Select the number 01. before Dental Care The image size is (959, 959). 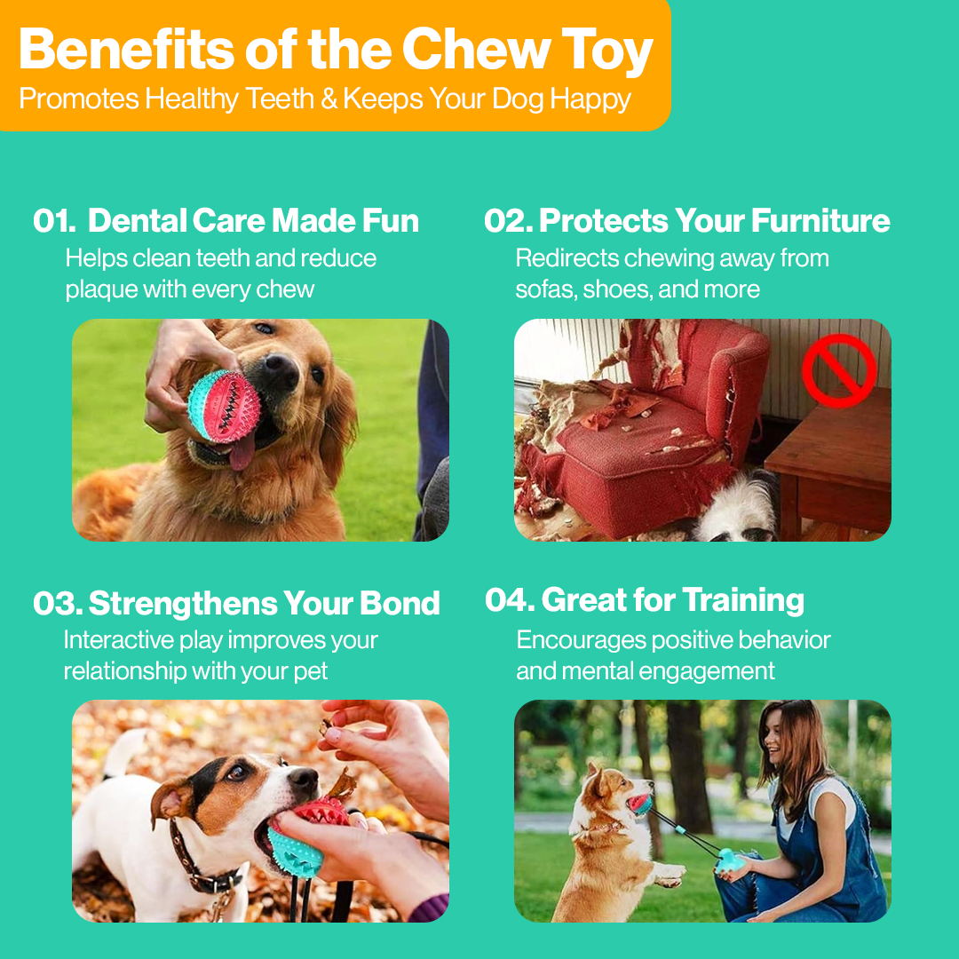click(x=55, y=221)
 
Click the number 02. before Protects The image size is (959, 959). click(x=507, y=221)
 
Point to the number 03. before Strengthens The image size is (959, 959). click(x=58, y=604)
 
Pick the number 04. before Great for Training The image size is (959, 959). click(x=509, y=600)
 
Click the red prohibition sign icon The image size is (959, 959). click(x=839, y=371)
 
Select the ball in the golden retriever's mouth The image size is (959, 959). click(x=225, y=406)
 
